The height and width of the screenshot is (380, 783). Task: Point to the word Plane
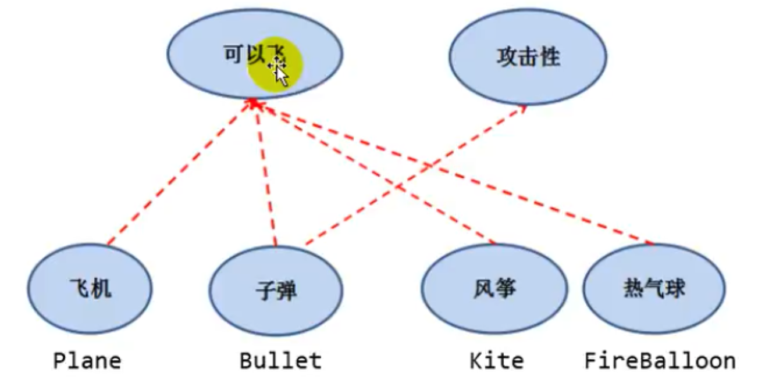tap(87, 361)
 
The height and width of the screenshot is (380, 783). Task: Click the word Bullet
tap(280, 361)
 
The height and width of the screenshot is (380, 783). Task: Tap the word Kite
tap(496, 361)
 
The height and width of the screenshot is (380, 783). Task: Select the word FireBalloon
tap(660, 361)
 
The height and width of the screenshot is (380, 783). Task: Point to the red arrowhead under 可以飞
tap(255, 103)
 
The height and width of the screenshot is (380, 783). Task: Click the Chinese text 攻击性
tap(528, 57)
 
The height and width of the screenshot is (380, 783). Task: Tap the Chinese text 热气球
tap(654, 288)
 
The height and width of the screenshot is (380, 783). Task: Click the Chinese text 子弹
tap(276, 289)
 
